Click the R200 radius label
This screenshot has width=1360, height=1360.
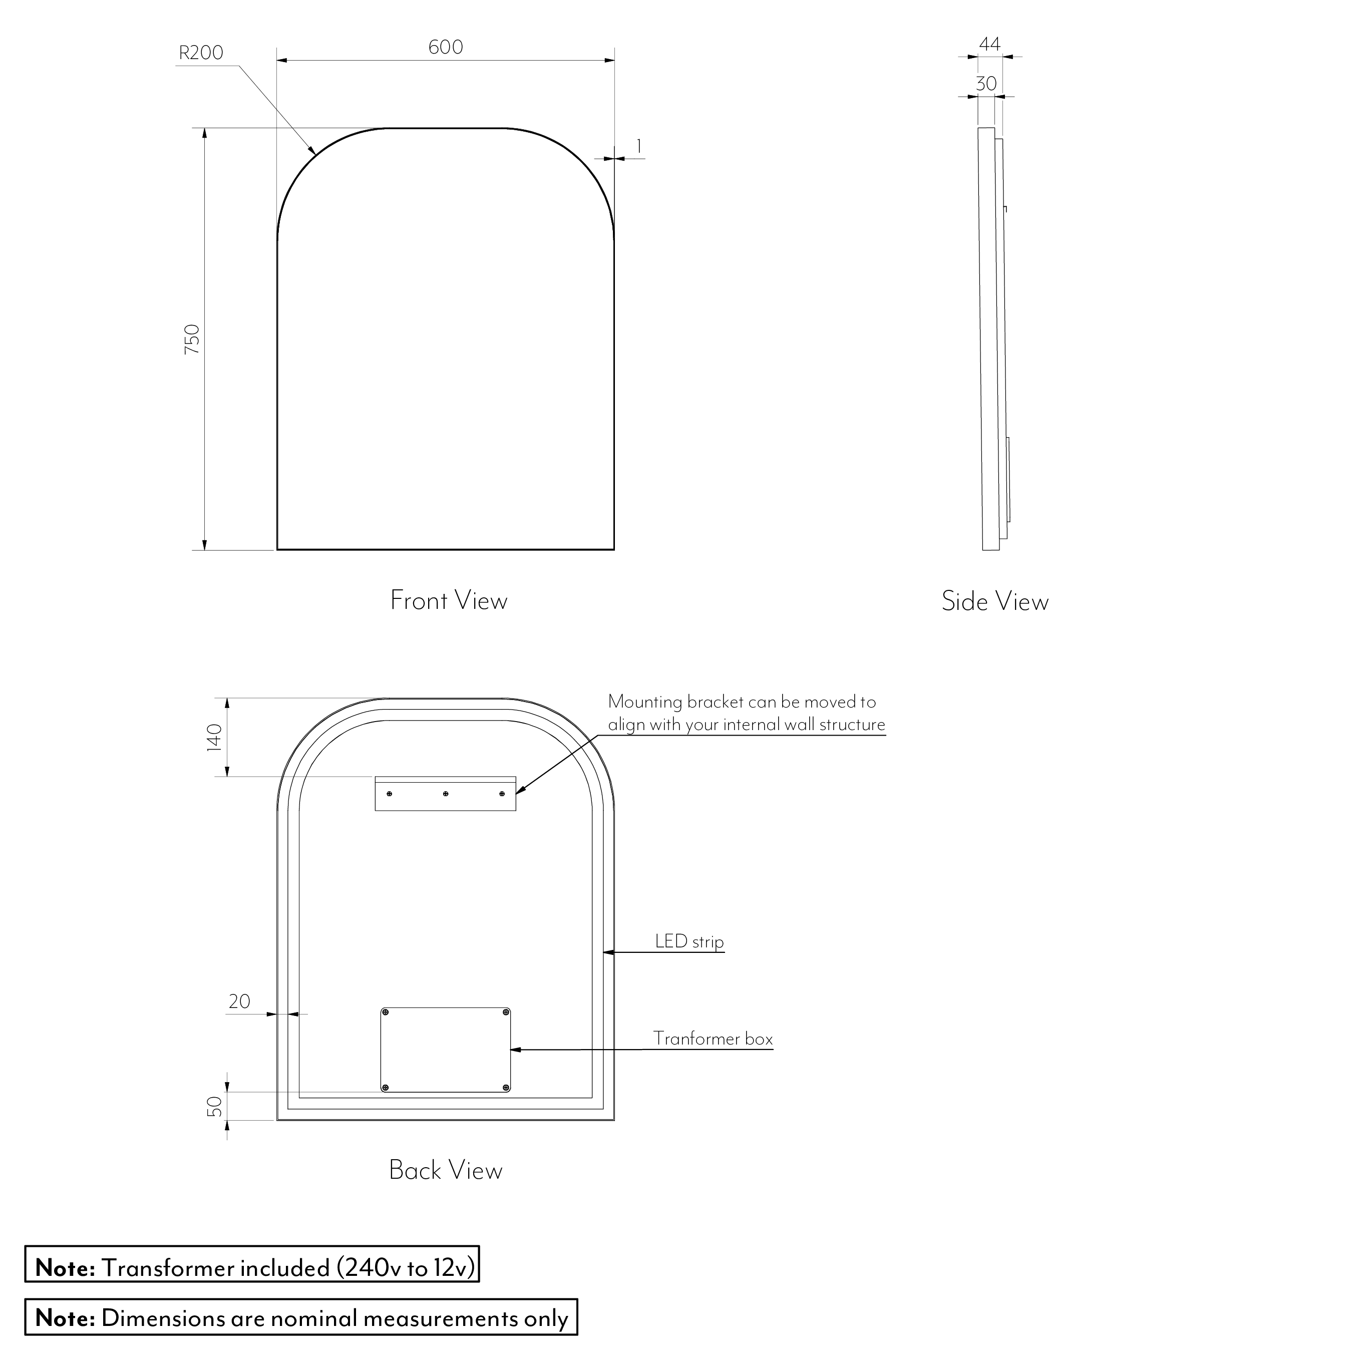coord(201,53)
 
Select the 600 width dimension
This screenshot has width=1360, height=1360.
coord(446,47)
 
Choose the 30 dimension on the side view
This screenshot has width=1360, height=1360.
coord(986,84)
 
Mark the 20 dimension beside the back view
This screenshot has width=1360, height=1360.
coord(239,1001)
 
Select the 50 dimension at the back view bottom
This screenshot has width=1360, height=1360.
coord(215,1106)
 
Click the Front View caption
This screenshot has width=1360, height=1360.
coord(448,600)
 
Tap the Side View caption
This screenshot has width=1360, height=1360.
coord(994,601)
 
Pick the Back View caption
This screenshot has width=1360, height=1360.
coord(446,1170)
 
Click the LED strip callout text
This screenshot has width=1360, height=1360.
coord(689,941)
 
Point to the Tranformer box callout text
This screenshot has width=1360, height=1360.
coord(713,1039)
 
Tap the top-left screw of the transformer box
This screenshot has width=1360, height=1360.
coord(385,1012)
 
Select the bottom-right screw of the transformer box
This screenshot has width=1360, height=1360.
coord(506,1088)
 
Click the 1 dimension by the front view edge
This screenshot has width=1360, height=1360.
coord(638,146)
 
